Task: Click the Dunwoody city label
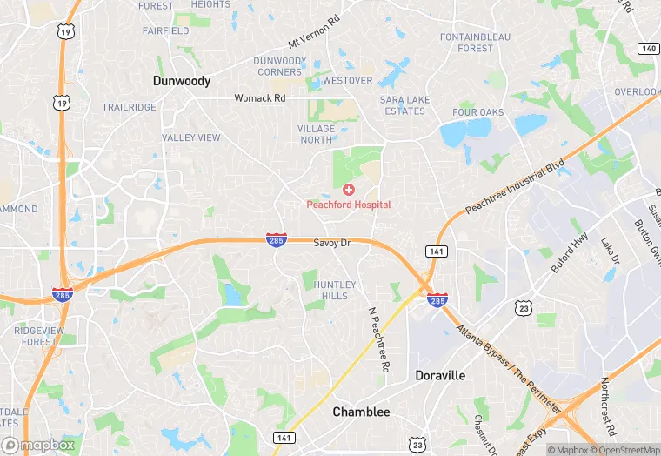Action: (x=182, y=80)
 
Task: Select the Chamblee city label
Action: (x=361, y=412)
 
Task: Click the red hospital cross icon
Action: (x=349, y=190)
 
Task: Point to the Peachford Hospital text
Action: (x=349, y=205)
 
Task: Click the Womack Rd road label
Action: (x=259, y=98)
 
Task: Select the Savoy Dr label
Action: (x=331, y=243)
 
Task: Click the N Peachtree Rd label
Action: (x=377, y=340)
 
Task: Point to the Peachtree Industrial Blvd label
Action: (x=516, y=185)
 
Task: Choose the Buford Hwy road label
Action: (x=570, y=253)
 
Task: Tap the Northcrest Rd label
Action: (x=610, y=406)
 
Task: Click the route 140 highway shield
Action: (x=647, y=49)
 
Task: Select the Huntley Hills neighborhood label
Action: (x=335, y=290)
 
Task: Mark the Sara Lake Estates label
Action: (x=404, y=105)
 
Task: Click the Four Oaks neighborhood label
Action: (x=477, y=113)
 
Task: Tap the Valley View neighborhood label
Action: (x=191, y=137)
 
